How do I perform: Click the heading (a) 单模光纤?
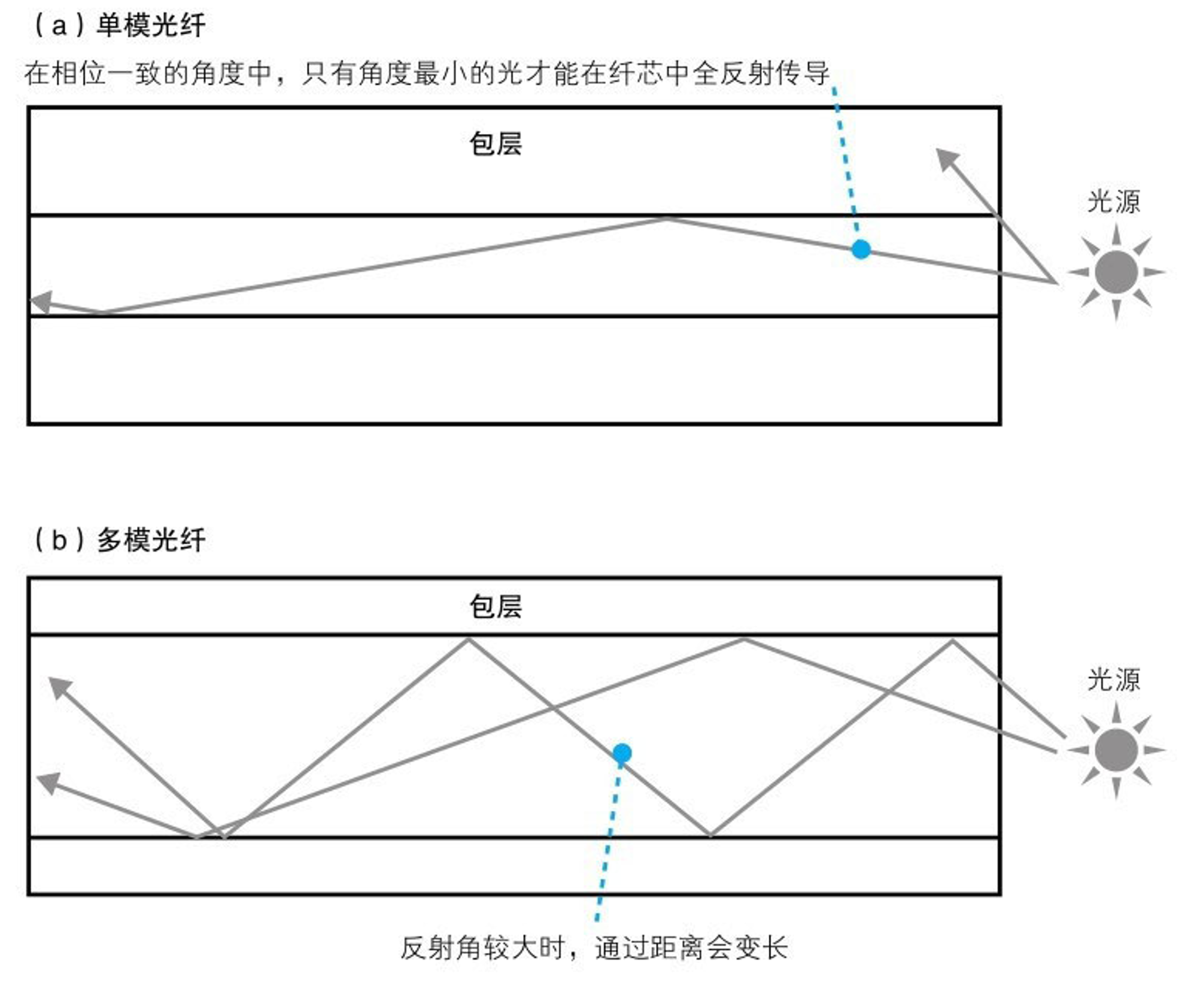[x=118, y=26]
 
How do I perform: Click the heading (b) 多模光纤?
[x=118, y=540]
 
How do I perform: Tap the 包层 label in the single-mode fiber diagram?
[x=496, y=144]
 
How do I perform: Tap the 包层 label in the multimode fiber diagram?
[x=496, y=606]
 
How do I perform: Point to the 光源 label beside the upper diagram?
[x=1114, y=201]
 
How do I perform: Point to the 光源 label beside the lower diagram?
[x=1114, y=680]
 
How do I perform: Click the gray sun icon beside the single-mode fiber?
[x=1116, y=272]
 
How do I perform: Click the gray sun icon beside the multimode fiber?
[x=1116, y=750]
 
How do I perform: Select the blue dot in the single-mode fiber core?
[x=861, y=249]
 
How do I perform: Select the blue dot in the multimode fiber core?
[x=622, y=753]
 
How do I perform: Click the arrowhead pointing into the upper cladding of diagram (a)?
[x=948, y=160]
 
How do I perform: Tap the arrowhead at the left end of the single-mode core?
[x=41, y=302]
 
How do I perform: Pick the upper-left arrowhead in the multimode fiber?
[x=60, y=688]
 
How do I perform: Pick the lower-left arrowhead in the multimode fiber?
[x=48, y=782]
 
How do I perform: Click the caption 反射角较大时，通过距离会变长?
[x=594, y=948]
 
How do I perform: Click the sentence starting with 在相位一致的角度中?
[x=427, y=74]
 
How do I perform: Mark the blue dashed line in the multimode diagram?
[x=608, y=842]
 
